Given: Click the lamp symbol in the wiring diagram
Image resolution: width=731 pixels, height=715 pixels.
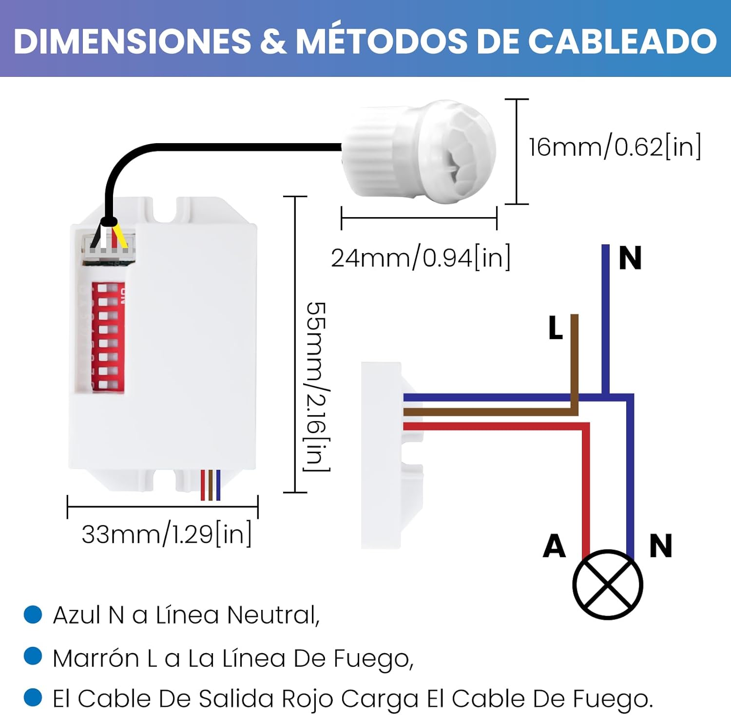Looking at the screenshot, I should tap(607, 584).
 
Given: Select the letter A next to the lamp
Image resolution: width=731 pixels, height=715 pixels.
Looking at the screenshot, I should tap(555, 546).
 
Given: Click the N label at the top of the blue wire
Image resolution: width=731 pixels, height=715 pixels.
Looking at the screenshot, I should tap(630, 258).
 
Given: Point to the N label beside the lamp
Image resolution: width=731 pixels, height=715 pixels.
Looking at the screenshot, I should tap(661, 546).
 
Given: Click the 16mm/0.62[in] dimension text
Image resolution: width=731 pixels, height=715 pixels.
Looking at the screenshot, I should tap(615, 147).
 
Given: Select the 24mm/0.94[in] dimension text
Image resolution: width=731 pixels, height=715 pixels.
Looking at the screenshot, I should tap(421, 258).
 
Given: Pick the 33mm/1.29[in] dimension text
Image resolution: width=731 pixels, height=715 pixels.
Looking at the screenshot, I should tap(167, 534).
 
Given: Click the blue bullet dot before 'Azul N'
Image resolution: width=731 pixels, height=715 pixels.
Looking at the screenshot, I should tap(33, 614).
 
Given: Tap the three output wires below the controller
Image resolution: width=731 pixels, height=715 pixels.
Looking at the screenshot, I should tap(211, 485).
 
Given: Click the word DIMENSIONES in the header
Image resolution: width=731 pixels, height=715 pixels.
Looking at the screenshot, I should tap(132, 41).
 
